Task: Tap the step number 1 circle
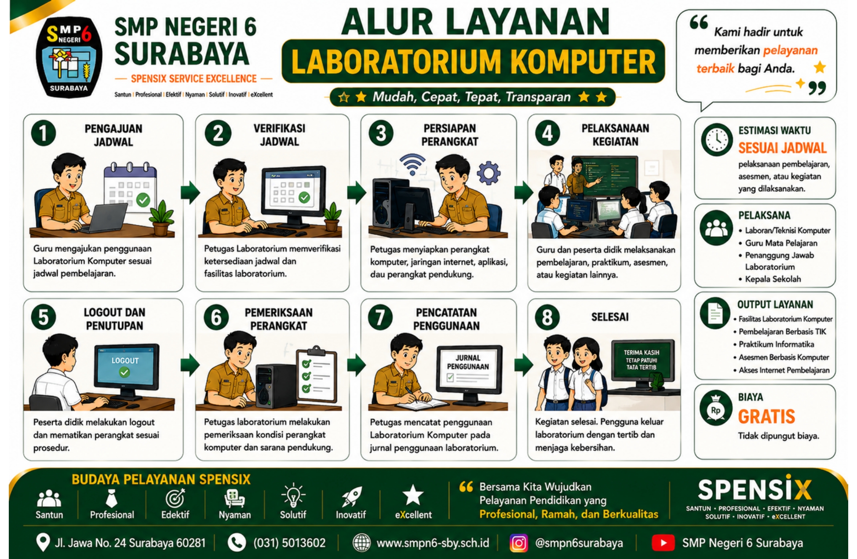click(44, 133)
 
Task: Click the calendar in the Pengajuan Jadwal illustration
click(130, 185)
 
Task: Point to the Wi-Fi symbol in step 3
click(412, 164)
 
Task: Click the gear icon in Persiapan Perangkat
click(489, 172)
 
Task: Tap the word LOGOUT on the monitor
click(125, 361)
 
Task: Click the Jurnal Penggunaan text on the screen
click(468, 362)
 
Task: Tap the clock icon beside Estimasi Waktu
click(717, 140)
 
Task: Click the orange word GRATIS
click(766, 416)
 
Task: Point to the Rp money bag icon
click(716, 409)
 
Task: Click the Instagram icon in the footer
click(518, 543)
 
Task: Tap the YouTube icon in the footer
click(663, 543)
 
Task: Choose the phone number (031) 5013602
click(289, 543)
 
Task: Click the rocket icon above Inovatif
click(351, 497)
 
